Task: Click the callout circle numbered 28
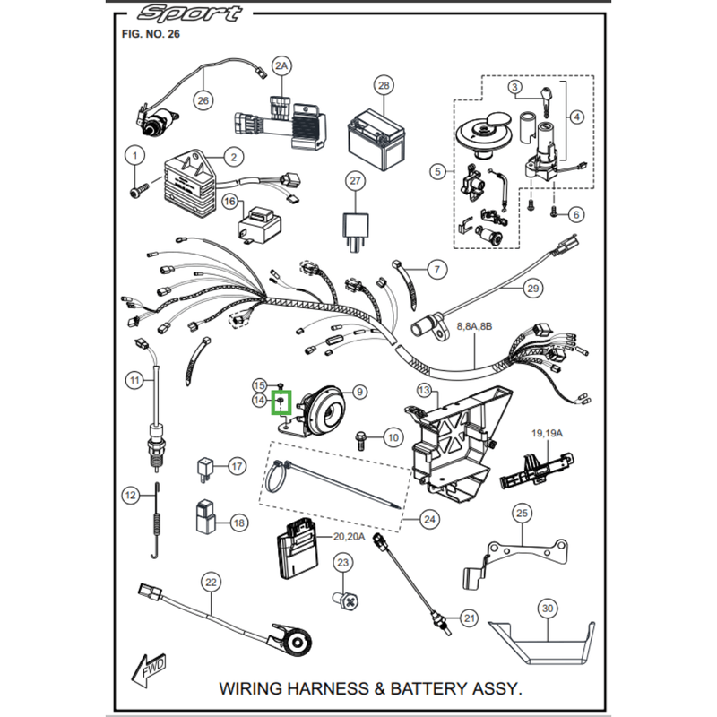pos(384,86)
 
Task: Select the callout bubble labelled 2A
pos(282,67)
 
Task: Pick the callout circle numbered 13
pos(424,390)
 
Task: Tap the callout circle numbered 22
pos(210,583)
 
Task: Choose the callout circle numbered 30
pos(548,609)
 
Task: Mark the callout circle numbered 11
pos(134,380)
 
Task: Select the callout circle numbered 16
pos(229,203)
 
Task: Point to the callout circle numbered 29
pos(533,289)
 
